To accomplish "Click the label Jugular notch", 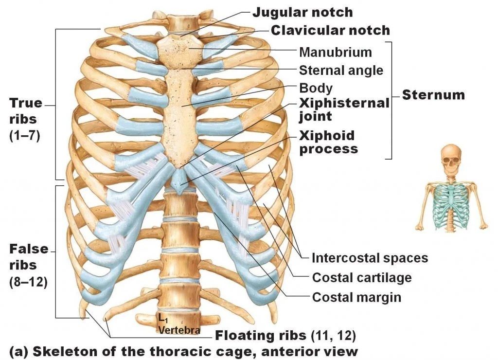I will point(302,12).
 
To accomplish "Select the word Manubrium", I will point(335,52).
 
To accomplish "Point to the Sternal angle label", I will point(341,71).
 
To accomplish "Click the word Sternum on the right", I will point(433,94).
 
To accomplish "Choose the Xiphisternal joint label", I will point(344,109).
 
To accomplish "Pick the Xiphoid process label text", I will point(328,142).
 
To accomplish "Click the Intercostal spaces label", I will point(370,258).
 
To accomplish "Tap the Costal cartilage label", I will point(362,278).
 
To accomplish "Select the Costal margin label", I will point(356,297).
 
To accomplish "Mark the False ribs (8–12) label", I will point(28,265).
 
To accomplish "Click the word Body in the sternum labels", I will point(316,89).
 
